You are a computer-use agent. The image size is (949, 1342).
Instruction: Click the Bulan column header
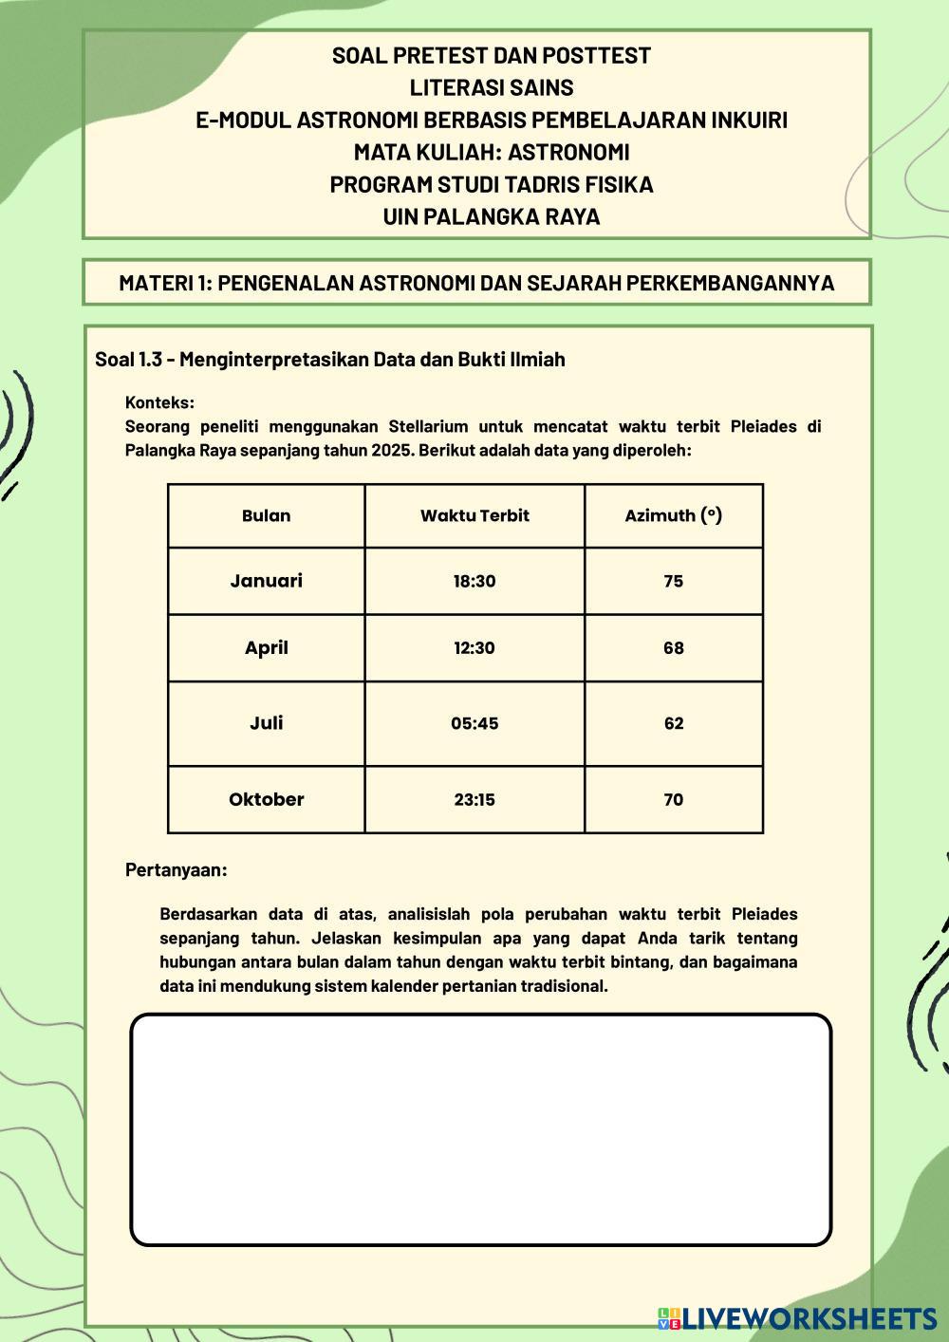pyautogui.click(x=266, y=516)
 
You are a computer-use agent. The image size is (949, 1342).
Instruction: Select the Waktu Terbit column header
pyautogui.click(x=474, y=516)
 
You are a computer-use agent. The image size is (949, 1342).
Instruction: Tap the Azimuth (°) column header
pyautogui.click(x=673, y=516)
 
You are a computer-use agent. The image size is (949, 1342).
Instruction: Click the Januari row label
pyautogui.click(x=266, y=581)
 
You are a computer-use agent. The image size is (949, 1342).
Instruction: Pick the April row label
pyautogui.click(x=266, y=648)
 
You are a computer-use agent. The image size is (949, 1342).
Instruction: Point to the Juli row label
pyautogui.click(x=266, y=723)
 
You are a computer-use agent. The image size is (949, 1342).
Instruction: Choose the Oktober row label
pyautogui.click(x=266, y=799)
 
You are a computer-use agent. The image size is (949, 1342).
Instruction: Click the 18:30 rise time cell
pyautogui.click(x=474, y=581)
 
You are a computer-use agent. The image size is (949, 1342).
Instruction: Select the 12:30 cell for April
pyautogui.click(x=474, y=648)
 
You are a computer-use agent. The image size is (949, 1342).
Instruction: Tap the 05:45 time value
pyautogui.click(x=474, y=723)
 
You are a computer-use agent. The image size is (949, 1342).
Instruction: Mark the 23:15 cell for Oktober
pyautogui.click(x=474, y=799)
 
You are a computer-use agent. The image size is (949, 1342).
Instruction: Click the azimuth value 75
pyautogui.click(x=673, y=581)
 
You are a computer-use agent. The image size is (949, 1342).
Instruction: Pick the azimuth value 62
pyautogui.click(x=673, y=723)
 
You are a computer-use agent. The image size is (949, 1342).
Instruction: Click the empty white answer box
pyautogui.click(x=480, y=1129)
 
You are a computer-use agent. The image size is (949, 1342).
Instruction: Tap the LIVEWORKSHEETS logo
pyautogui.click(x=797, y=1317)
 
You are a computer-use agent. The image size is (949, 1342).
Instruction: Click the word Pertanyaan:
pyautogui.click(x=177, y=869)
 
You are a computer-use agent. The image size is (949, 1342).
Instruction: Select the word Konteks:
pyautogui.click(x=159, y=402)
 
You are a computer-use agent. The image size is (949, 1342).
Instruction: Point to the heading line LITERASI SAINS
pyautogui.click(x=491, y=88)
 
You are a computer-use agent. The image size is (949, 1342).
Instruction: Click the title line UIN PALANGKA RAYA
pyautogui.click(x=491, y=216)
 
